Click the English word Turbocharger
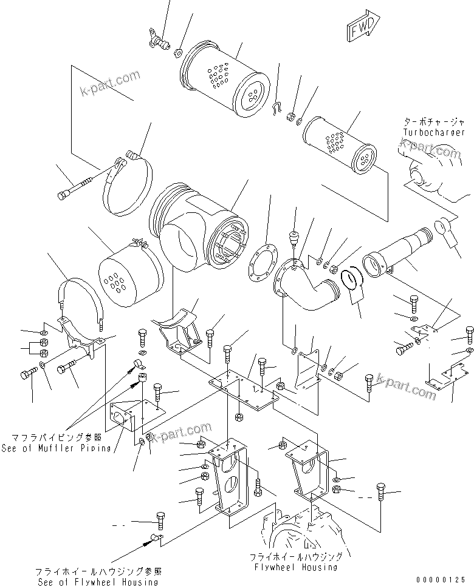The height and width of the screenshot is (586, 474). point(425,132)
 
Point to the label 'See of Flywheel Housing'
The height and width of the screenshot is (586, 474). point(97,581)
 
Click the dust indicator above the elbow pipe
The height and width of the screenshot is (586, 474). point(294,237)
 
